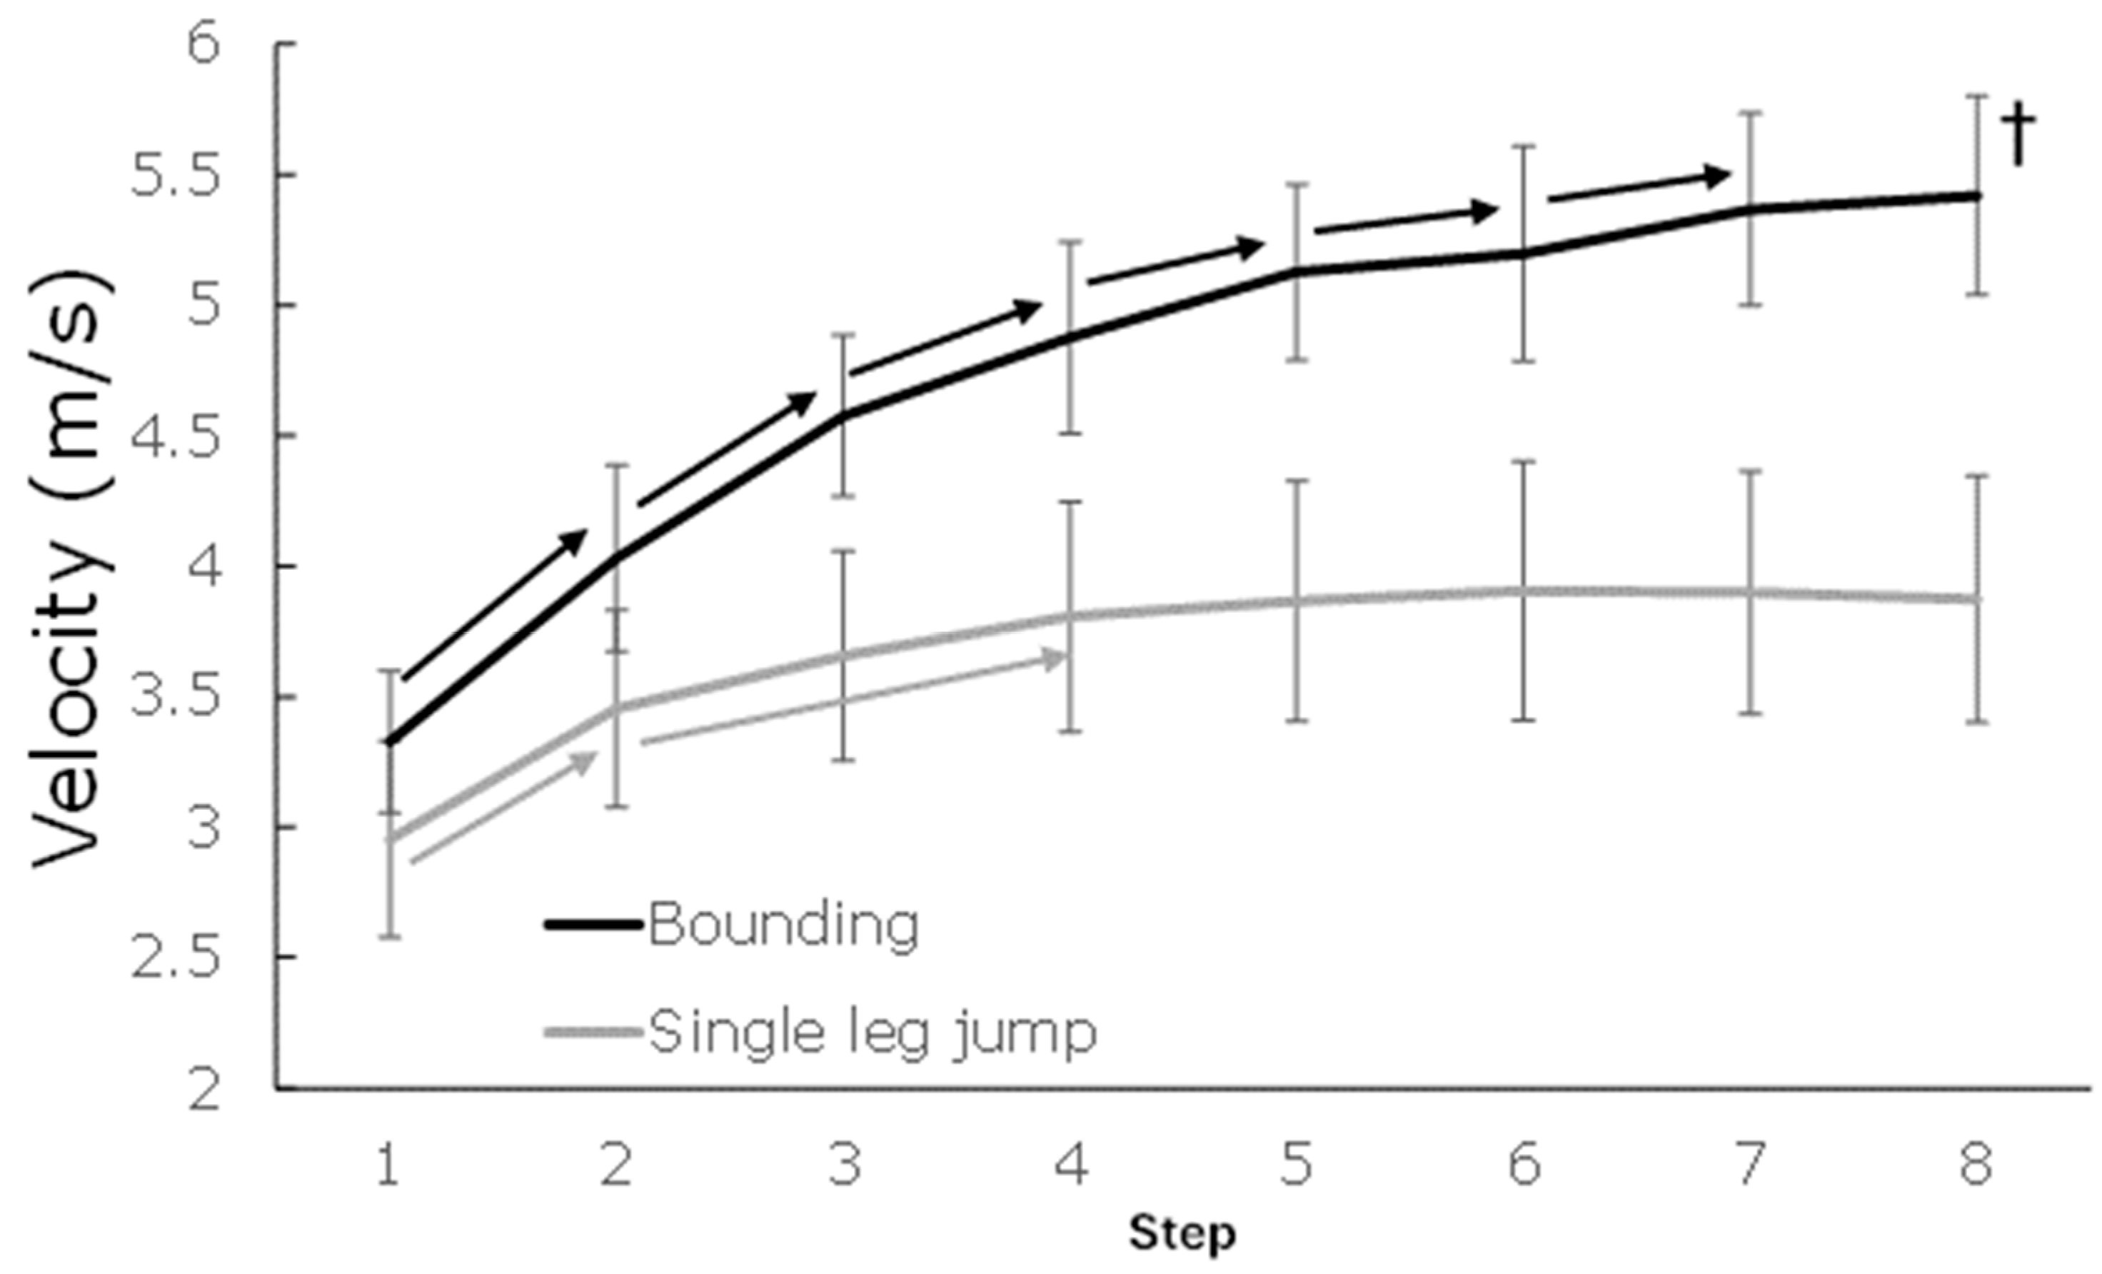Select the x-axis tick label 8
1976,1164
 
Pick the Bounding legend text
783,924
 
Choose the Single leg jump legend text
872,1033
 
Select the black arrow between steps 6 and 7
1638,188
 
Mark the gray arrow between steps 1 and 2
503,807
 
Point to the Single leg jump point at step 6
1524,591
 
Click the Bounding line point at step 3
843,416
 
